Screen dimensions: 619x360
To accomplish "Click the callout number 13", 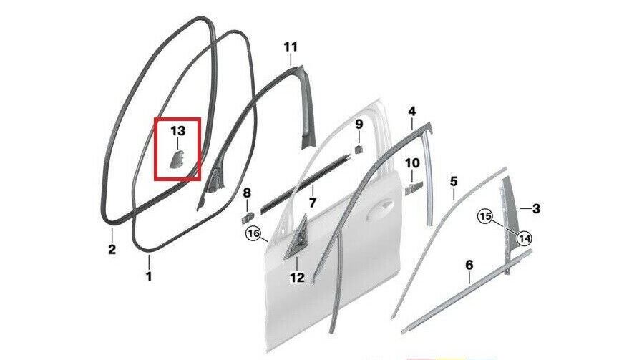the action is tap(177, 131).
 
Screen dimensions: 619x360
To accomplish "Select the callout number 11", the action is tap(291, 47).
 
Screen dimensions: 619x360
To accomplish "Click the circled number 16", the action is tap(254, 234).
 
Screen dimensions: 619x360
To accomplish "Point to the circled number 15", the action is tap(486, 216).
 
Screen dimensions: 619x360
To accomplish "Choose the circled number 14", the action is tap(525, 238).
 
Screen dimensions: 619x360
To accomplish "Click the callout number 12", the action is tap(297, 278).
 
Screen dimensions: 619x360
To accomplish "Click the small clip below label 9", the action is tap(359, 149).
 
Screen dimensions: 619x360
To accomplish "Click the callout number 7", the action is tap(313, 203).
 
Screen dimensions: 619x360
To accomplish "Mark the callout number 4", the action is tap(411, 112).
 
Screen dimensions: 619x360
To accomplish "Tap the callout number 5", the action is tap(454, 182).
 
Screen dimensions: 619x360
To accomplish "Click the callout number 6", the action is tap(469, 265).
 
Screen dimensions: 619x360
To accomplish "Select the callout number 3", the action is tap(536, 209).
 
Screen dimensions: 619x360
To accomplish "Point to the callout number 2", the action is tap(112, 250).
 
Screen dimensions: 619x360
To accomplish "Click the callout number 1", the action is tap(149, 276).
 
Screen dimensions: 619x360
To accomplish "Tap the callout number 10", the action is tap(413, 162).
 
